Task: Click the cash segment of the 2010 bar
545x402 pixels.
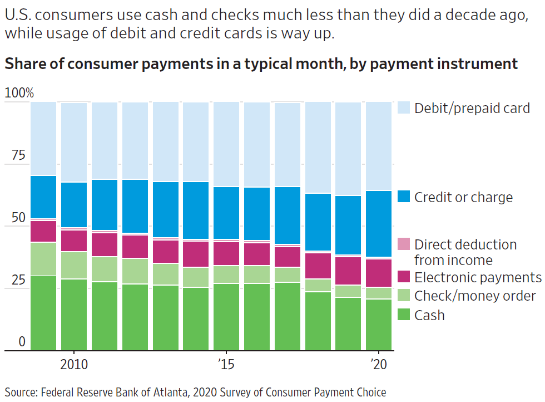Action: (x=74, y=315)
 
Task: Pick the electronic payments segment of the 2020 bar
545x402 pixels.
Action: (x=379, y=273)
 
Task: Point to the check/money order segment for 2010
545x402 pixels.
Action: (x=74, y=265)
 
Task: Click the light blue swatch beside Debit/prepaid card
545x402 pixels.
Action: (x=404, y=108)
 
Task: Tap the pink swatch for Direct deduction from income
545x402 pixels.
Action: (x=404, y=244)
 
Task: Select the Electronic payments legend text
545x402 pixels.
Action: (x=477, y=277)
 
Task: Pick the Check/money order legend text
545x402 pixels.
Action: (x=475, y=296)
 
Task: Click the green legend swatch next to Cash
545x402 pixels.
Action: (x=404, y=315)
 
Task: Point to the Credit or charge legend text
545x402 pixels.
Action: (x=463, y=197)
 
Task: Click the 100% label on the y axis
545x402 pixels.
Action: (x=19, y=93)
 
